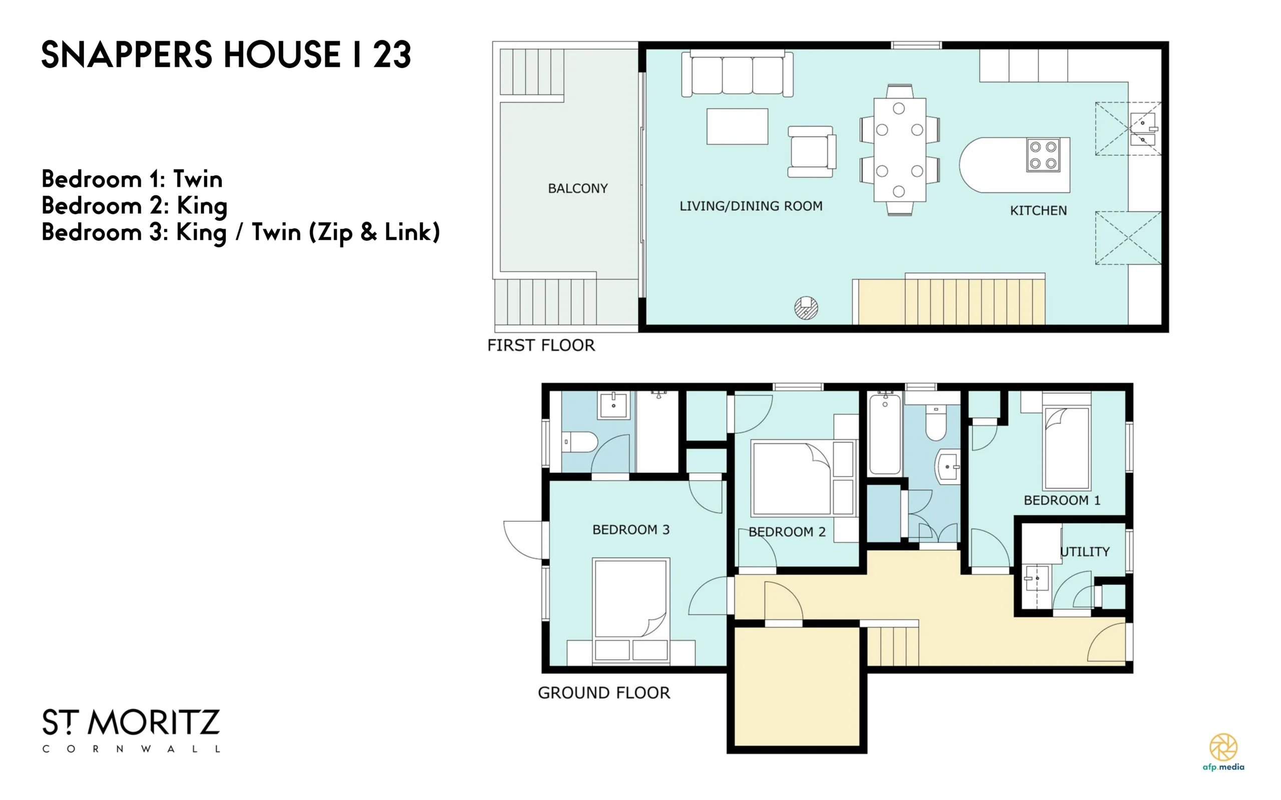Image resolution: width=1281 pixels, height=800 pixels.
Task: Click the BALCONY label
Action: pyautogui.click(x=578, y=188)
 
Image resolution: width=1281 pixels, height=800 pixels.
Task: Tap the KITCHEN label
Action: pyautogui.click(x=1038, y=211)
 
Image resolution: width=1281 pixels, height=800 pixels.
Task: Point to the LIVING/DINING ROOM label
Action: pyautogui.click(x=751, y=206)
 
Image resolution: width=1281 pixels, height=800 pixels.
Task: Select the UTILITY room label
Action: pyautogui.click(x=1085, y=552)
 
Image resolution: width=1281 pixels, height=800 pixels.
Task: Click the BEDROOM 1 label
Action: pyautogui.click(x=1062, y=500)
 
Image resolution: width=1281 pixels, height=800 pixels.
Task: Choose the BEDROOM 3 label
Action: pyautogui.click(x=630, y=530)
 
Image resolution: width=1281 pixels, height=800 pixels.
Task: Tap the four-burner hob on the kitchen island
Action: pyautogui.click(x=1043, y=155)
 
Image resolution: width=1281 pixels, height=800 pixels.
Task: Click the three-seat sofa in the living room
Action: pyautogui.click(x=737, y=74)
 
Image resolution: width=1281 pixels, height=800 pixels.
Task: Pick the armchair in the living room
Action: pyautogui.click(x=812, y=151)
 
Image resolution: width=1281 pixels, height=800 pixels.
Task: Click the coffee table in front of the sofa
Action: pyautogui.click(x=737, y=127)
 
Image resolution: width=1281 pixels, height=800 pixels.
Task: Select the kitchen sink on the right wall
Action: pyautogui.click(x=1143, y=130)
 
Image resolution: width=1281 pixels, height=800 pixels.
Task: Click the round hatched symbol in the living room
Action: pyautogui.click(x=806, y=307)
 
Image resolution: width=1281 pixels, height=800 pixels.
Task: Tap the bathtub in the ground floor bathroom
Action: pyautogui.click(x=885, y=433)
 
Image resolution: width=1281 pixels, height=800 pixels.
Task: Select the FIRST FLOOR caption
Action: pyautogui.click(x=541, y=346)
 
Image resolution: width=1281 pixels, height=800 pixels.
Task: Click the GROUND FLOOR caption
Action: pyautogui.click(x=604, y=692)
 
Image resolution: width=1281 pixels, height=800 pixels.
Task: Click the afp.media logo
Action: pyautogui.click(x=1223, y=752)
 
